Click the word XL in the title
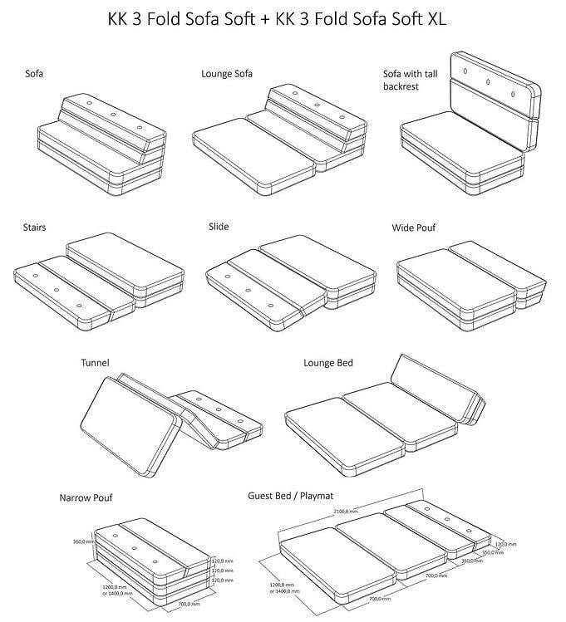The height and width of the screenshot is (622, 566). (x=436, y=18)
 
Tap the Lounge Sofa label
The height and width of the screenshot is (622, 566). (x=227, y=74)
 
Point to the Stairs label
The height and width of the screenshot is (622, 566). (x=34, y=227)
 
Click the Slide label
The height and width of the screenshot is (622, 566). (x=219, y=226)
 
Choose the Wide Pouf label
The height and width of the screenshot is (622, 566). (x=414, y=227)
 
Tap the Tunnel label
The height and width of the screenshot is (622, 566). (x=95, y=362)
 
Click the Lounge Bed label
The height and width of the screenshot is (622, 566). (x=330, y=362)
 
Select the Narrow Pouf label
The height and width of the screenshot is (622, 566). (x=86, y=498)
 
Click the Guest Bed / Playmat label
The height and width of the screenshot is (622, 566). (x=291, y=496)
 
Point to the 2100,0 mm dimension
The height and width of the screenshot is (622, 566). (x=347, y=511)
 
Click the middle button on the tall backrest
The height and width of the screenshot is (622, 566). (x=489, y=82)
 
